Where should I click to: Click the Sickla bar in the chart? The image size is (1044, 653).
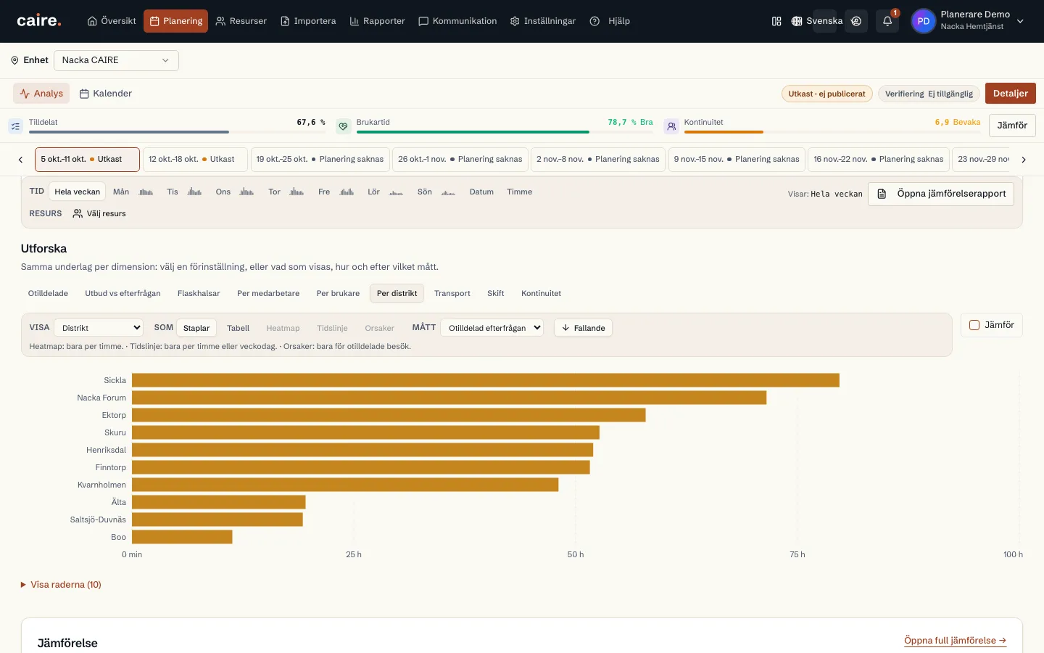tap(485, 380)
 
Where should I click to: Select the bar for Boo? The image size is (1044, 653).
tap(182, 537)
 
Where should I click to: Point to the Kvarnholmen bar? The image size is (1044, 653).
tap(345, 485)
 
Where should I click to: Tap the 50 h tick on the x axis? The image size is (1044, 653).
tap(575, 554)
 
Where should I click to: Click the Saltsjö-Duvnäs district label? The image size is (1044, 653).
tap(98, 519)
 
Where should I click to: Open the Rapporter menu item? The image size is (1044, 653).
tap(377, 21)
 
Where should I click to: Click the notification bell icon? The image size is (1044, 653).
tap(887, 21)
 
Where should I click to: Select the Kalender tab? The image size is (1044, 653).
tap(106, 94)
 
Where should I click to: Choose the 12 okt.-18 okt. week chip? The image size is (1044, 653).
tap(195, 159)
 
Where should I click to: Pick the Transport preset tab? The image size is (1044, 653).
tap(452, 293)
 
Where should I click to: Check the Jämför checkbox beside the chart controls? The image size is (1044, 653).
tap(974, 325)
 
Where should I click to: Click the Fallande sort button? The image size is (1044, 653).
tap(583, 328)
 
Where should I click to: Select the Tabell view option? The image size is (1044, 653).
tap(238, 328)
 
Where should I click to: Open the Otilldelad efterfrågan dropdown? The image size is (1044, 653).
tap(492, 328)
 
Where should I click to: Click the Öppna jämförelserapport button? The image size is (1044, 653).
tap(941, 194)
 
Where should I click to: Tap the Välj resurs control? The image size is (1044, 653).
tap(99, 213)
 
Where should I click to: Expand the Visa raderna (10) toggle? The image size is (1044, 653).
tap(61, 585)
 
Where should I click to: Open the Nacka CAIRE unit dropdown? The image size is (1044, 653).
tap(116, 61)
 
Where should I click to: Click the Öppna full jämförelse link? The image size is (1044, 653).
tap(955, 641)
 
